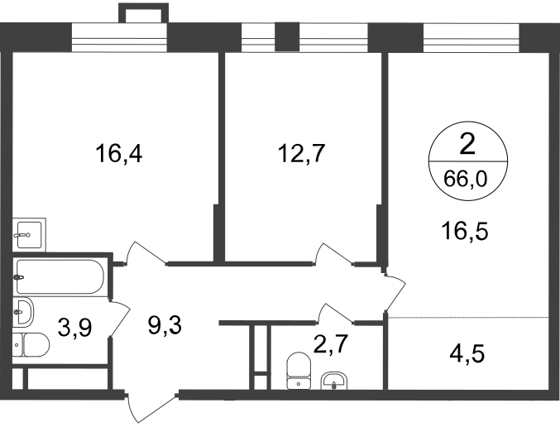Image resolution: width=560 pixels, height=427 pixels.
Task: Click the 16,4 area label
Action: [118, 155]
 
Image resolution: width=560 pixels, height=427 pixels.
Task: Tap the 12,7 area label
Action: [301, 154]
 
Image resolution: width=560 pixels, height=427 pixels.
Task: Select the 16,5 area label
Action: [464, 231]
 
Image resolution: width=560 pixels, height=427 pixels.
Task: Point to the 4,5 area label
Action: [467, 353]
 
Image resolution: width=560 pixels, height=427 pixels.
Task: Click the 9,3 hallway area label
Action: [165, 325]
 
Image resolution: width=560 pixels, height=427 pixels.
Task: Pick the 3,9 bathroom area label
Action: [75, 328]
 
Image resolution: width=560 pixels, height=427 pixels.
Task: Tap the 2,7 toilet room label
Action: [330, 344]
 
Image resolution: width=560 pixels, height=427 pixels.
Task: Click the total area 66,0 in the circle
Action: [466, 178]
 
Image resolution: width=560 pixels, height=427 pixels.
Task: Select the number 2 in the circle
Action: [467, 145]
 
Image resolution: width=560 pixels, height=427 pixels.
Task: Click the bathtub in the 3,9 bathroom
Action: [60, 277]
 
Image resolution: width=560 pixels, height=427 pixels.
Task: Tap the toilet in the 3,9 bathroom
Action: [31, 345]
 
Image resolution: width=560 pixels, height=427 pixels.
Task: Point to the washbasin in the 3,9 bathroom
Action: [23, 312]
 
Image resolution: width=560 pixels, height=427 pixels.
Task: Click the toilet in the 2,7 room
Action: [299, 371]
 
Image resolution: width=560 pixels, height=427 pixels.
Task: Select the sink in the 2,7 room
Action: [333, 381]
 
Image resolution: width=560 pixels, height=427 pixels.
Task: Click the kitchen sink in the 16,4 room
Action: [29, 235]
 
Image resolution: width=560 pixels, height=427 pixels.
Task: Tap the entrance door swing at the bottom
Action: [151, 407]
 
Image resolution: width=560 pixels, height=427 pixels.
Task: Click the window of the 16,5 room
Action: [471, 37]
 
